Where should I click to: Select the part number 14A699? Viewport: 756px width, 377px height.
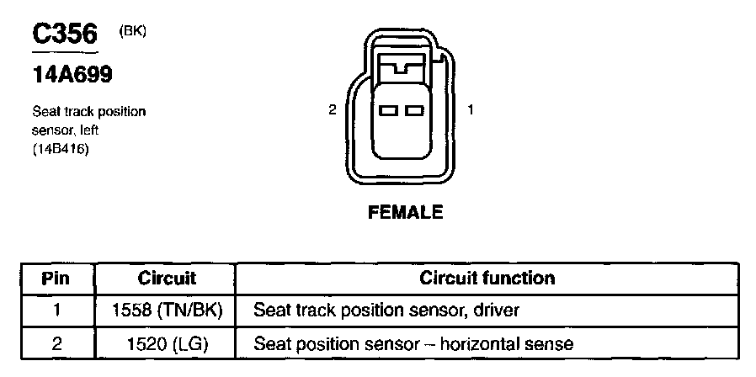click(72, 75)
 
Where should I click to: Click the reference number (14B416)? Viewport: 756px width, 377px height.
click(60, 149)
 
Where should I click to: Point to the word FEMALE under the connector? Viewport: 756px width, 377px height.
click(406, 213)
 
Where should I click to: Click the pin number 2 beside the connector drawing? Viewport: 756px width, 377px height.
click(333, 109)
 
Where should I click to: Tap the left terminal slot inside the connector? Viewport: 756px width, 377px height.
click(389, 110)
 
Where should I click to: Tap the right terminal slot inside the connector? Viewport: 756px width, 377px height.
click(413, 110)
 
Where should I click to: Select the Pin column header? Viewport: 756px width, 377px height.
click(56, 278)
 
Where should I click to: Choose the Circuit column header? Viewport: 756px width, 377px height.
click(166, 278)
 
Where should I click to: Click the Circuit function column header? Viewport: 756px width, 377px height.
click(487, 278)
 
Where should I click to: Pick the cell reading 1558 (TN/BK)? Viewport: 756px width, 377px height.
click(166, 311)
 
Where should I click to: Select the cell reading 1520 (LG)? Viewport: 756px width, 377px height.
click(166, 343)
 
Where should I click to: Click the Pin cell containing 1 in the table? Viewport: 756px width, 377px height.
click(56, 311)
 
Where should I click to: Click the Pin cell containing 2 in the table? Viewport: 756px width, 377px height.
click(56, 343)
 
